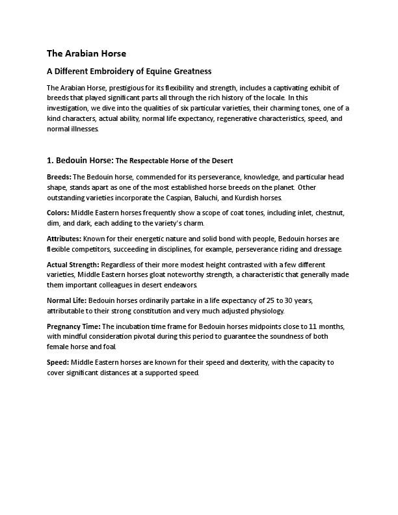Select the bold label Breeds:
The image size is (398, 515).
(59, 177)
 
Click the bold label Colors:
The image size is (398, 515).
(59, 213)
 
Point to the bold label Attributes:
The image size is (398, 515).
(65, 239)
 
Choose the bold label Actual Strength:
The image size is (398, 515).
(73, 265)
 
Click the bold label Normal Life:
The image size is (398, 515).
(66, 301)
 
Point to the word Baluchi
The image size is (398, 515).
(209, 198)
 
